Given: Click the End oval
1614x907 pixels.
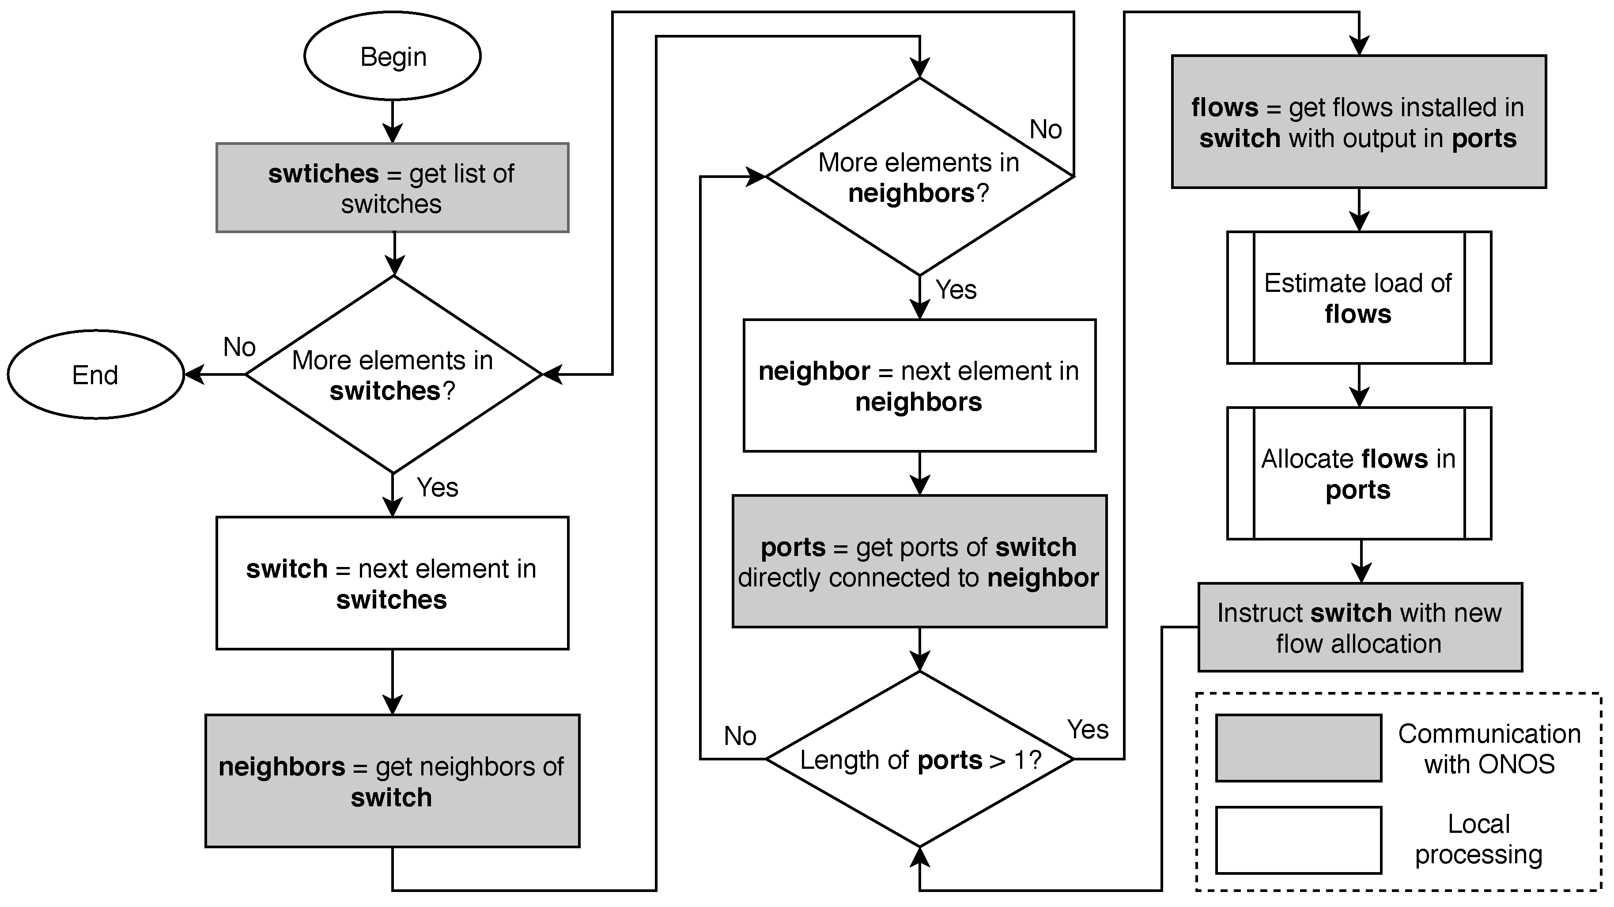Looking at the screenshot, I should [x=95, y=374].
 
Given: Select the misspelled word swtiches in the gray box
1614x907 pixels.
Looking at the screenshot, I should [x=323, y=174].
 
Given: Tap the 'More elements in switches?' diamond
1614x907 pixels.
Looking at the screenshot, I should [x=393, y=374].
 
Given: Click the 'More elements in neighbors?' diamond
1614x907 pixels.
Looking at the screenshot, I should [x=919, y=177].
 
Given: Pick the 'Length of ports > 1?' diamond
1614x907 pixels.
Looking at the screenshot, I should [x=919, y=759].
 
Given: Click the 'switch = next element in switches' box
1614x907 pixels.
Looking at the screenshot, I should [x=392, y=583].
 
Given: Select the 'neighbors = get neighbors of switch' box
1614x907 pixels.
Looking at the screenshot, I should [x=392, y=781].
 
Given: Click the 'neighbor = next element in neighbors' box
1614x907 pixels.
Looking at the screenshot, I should [x=919, y=385].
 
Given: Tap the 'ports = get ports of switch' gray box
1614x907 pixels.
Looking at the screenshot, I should [x=919, y=561].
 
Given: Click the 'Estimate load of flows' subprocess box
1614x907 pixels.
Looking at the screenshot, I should [x=1358, y=298].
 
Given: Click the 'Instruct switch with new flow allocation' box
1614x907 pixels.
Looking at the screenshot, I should [x=1360, y=627].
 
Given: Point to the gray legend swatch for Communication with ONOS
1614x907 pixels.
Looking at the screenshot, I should [x=1298, y=748].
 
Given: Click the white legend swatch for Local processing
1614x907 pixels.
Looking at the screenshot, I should [x=1298, y=840].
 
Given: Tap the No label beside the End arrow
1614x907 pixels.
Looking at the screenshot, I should [x=239, y=346].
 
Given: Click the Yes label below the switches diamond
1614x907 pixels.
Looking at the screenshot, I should [x=437, y=488].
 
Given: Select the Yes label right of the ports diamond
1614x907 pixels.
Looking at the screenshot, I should [x=1088, y=729].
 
